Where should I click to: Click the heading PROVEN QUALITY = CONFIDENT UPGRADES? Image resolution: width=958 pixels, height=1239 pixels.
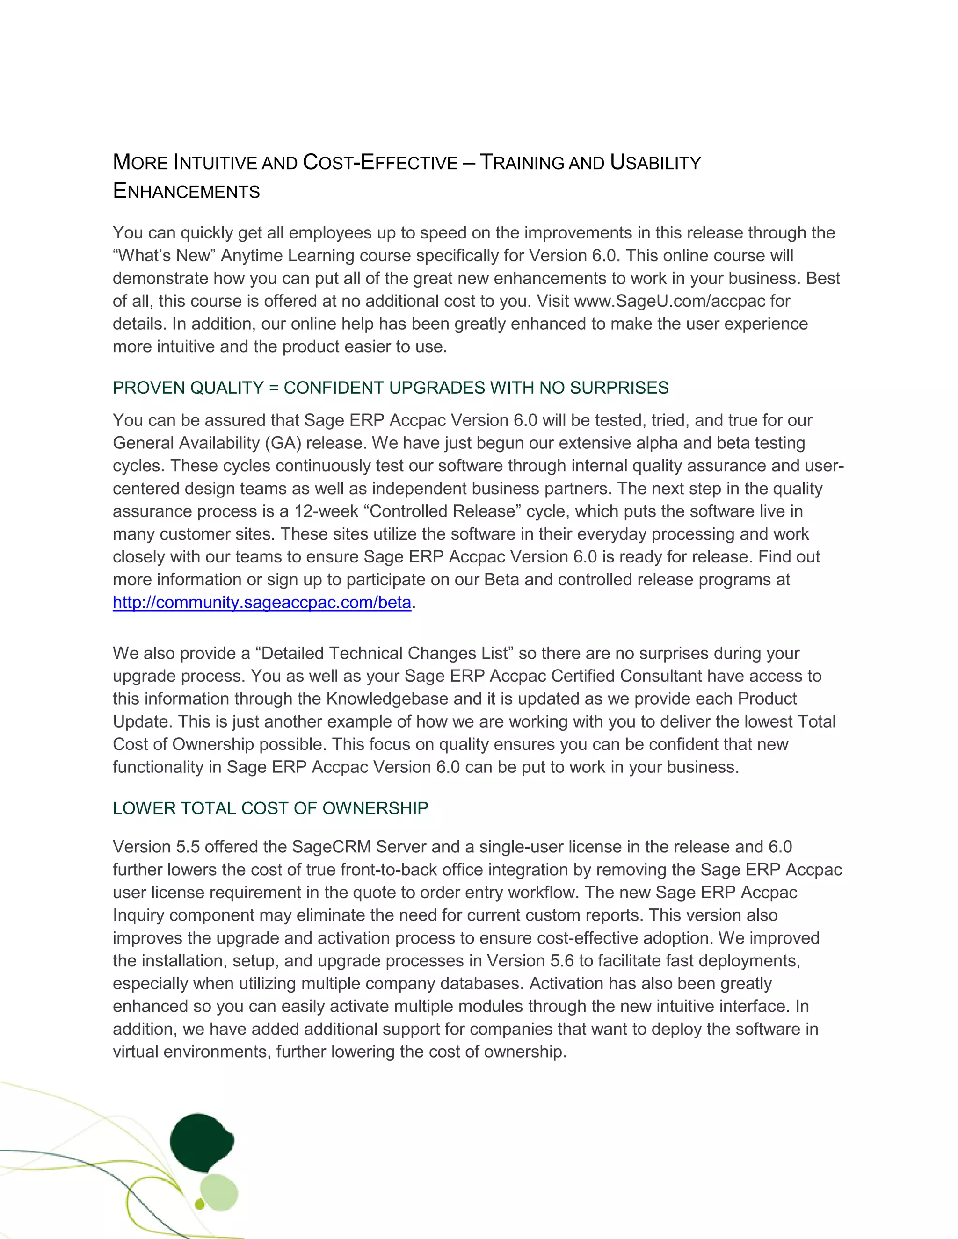390,388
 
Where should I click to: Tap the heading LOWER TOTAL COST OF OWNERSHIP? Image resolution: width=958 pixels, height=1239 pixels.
270,808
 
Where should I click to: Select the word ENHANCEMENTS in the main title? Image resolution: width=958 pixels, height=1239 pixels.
186,191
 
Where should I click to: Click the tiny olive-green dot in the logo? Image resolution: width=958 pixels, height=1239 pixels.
199,1204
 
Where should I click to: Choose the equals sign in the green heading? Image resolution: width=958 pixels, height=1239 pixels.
274,388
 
